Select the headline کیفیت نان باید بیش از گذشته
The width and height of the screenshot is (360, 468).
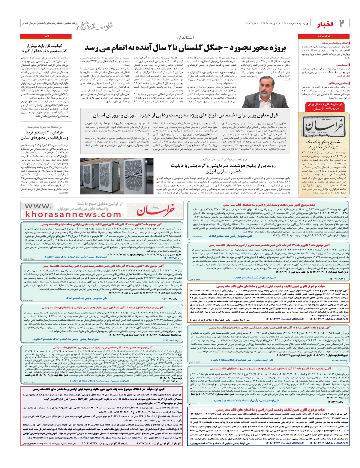44,48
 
